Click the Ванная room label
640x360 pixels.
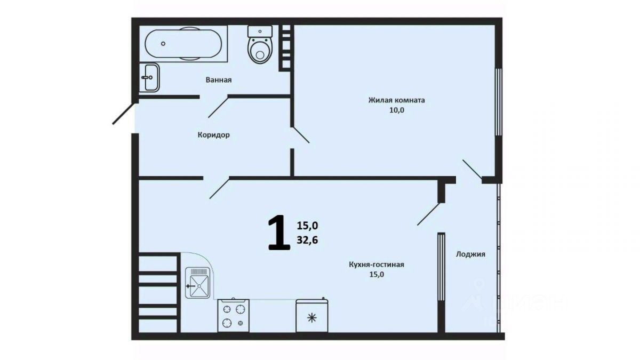click(x=219, y=80)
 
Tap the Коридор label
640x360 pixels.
click(x=214, y=135)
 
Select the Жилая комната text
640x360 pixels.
click(x=397, y=100)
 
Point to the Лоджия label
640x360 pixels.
click(x=470, y=254)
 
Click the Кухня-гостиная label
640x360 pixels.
click(x=377, y=265)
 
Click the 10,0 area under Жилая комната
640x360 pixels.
click(x=397, y=110)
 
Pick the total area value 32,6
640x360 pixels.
click(x=307, y=241)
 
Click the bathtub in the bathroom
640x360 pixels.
click(x=183, y=44)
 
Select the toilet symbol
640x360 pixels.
click(x=260, y=45)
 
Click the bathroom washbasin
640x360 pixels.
click(x=149, y=77)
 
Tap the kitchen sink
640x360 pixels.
click(x=199, y=283)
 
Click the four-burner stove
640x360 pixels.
click(x=233, y=315)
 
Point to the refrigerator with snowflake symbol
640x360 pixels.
click(x=311, y=315)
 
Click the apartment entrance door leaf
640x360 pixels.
click(x=123, y=114)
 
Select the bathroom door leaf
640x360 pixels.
click(x=219, y=107)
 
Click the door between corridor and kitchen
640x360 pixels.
click(x=220, y=188)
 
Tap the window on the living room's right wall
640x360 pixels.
click(x=499, y=101)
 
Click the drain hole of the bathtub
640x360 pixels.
click(x=163, y=44)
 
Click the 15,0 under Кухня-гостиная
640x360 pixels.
click(x=377, y=275)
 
